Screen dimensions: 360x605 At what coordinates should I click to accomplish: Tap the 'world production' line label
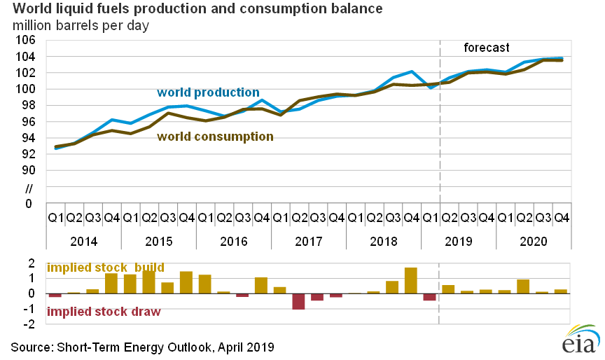[x=208, y=92]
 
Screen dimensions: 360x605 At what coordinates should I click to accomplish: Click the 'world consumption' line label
[x=215, y=137]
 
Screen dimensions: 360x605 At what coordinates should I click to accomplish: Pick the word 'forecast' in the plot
[x=487, y=48]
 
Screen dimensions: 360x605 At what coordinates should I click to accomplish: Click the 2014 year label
[x=83, y=242]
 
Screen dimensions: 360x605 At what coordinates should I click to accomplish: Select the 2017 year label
[x=308, y=242]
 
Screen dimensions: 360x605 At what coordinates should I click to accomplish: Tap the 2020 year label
[x=533, y=242]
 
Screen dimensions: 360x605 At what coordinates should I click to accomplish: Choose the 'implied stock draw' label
[x=104, y=312]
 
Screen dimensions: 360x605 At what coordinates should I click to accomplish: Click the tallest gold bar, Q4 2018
[x=411, y=280]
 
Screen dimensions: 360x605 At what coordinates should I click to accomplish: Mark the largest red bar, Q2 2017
[x=298, y=301]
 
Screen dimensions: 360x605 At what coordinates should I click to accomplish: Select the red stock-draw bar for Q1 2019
[x=429, y=297]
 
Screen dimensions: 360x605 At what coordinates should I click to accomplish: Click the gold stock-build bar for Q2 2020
[x=523, y=286]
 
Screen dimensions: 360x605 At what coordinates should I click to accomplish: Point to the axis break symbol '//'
[x=29, y=188]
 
